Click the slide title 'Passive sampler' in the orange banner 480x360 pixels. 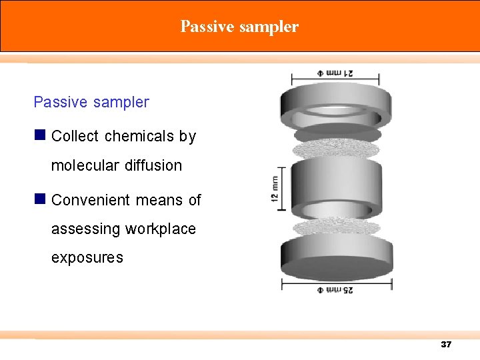(239, 27)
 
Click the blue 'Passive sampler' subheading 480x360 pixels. (91, 102)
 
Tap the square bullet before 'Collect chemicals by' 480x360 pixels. (40, 135)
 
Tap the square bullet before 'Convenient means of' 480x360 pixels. (40, 199)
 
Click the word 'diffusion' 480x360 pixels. (153, 165)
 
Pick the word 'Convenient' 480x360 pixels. (91, 200)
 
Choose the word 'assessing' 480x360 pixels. (85, 229)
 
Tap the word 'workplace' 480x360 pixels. (162, 229)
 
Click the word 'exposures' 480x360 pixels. (87, 257)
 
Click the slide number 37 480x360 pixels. (446, 345)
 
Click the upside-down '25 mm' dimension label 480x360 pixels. (337, 290)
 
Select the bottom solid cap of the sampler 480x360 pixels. (336, 257)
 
